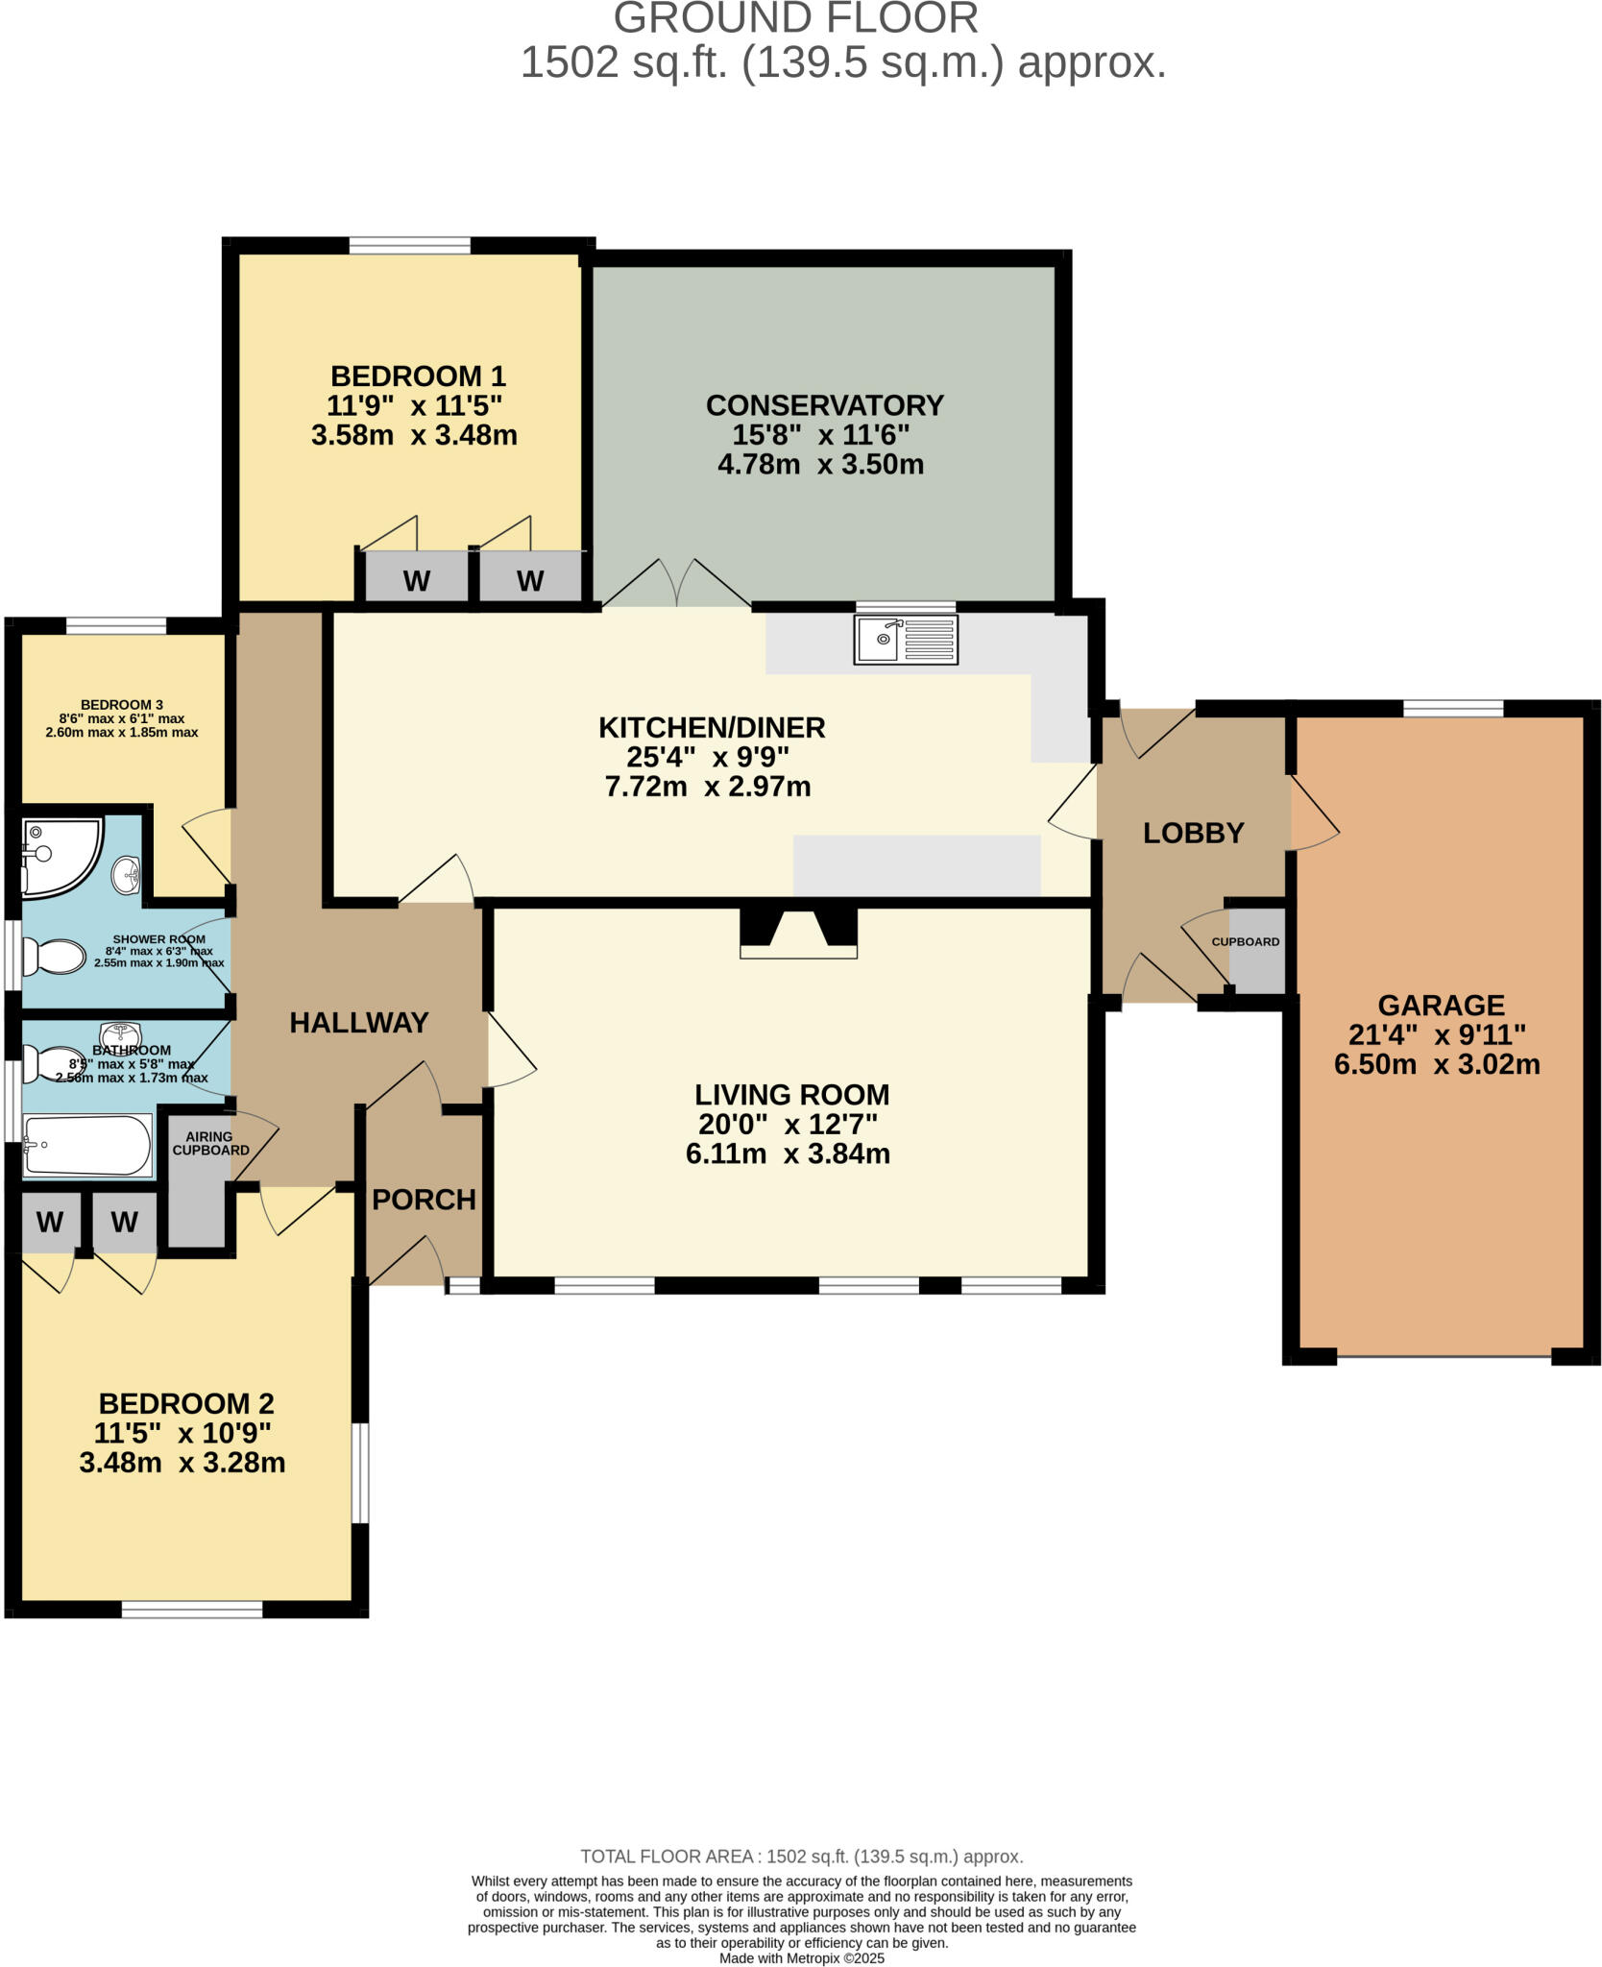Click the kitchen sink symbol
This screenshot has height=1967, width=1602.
click(x=905, y=640)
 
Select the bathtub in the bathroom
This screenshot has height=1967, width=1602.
click(x=87, y=1145)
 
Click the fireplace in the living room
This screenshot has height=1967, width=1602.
click(x=797, y=933)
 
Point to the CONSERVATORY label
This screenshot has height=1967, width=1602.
click(x=824, y=405)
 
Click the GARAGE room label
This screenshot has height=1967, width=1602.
click(x=1441, y=1006)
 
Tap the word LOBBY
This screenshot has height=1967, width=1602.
click(x=1193, y=833)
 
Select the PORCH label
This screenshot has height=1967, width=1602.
click(x=424, y=1200)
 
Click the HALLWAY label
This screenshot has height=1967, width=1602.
click(x=359, y=1023)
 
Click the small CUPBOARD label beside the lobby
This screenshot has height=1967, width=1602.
click(x=1245, y=941)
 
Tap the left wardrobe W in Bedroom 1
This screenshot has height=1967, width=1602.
click(x=416, y=581)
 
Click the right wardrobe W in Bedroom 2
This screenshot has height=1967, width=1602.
click(x=124, y=1223)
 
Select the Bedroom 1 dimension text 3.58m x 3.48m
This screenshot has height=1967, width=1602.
click(x=414, y=435)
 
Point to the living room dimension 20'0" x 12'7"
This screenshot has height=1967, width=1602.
click(x=788, y=1124)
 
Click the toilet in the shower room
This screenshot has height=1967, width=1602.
click(x=53, y=956)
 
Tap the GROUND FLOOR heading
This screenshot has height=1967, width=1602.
click(x=796, y=19)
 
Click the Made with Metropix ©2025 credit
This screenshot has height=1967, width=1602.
click(x=801, y=1957)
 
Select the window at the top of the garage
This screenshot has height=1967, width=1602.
click(x=1452, y=709)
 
